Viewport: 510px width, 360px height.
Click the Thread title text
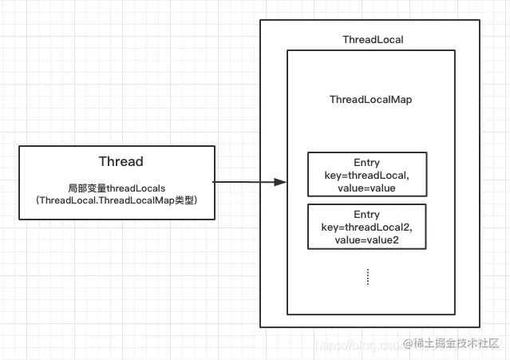121,161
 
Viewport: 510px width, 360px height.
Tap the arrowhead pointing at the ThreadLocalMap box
279,182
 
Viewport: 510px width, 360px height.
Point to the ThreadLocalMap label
370,100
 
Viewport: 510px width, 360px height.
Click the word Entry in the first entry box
366,162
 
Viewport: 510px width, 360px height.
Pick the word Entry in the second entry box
366,215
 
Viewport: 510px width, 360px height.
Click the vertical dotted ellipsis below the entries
367,276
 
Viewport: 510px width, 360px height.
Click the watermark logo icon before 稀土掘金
409,343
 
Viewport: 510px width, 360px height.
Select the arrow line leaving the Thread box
243,182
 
